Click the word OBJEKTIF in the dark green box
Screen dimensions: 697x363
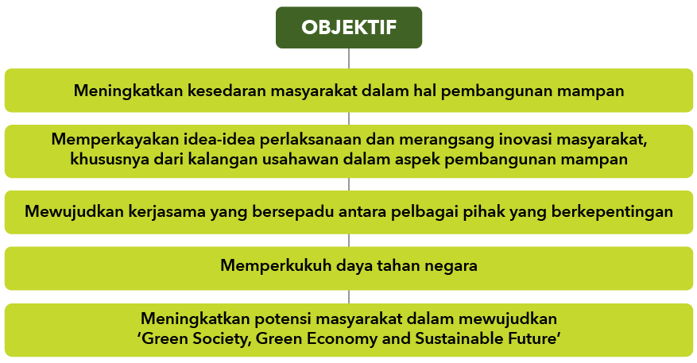click(349, 27)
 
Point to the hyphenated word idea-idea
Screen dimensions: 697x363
click(219, 139)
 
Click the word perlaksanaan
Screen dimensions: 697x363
click(311, 140)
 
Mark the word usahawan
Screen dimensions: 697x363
click(301, 159)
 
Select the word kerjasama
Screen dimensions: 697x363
click(167, 211)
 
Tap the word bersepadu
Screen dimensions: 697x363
click(293, 211)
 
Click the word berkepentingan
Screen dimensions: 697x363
click(612, 211)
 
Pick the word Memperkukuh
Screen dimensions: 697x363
click(276, 265)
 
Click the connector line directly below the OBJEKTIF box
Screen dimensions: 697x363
click(349, 58)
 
